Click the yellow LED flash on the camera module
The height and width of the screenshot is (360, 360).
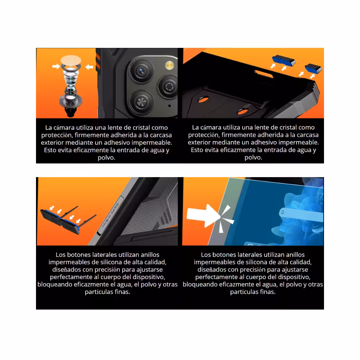click(x=170, y=65)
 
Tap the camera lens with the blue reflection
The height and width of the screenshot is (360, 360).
click(x=141, y=71)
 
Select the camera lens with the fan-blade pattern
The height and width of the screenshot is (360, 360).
click(x=141, y=102)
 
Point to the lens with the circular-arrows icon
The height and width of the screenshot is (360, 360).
click(x=169, y=87)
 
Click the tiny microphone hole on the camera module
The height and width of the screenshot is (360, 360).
click(x=170, y=106)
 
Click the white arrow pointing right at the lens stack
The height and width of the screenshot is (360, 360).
click(x=56, y=66)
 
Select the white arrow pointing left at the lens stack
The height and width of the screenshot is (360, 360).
click(x=89, y=67)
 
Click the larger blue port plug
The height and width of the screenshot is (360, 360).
click(x=284, y=60)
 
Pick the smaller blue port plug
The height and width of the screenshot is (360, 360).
click(x=313, y=68)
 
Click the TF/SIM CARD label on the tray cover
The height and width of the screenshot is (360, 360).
click(x=111, y=215)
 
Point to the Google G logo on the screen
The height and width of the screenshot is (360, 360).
click(x=282, y=212)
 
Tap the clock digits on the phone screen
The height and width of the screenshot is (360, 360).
click(x=320, y=197)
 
